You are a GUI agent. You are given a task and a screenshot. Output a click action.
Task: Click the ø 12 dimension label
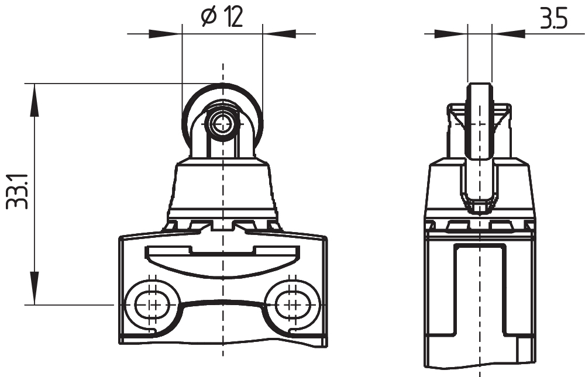(222, 18)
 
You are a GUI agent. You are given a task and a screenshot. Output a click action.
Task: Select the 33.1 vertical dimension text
(16, 191)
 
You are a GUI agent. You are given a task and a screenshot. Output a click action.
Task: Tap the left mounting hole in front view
(152, 304)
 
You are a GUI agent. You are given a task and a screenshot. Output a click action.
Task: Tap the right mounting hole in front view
(292, 304)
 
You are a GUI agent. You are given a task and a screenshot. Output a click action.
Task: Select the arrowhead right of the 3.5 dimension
(508, 34)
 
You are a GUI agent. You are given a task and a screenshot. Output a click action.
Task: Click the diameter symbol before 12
(208, 19)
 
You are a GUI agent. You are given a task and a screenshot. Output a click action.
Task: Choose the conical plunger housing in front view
(222, 187)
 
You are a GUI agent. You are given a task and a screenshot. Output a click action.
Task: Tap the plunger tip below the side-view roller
(480, 206)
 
